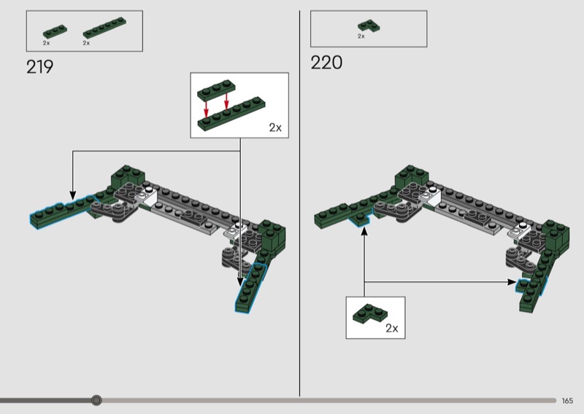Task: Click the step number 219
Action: point(39,67)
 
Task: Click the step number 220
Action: point(326,63)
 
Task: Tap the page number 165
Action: point(567,401)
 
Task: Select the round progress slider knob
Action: point(96,400)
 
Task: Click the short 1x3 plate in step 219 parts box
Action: point(55,31)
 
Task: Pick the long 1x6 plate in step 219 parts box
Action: point(104,28)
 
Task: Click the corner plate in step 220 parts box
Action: point(369,26)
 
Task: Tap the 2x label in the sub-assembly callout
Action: point(275,128)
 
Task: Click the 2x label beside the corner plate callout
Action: point(392,328)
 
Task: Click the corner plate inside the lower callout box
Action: point(369,313)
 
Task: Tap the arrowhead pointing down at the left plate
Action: point(73,195)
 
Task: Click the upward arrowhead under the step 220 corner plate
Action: point(364,231)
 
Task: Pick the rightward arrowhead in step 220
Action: point(512,282)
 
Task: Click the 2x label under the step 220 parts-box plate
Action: point(361,36)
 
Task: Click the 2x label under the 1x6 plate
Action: point(86,43)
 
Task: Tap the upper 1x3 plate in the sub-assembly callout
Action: point(216,90)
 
